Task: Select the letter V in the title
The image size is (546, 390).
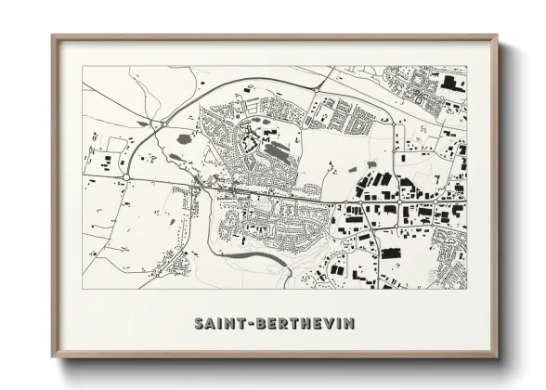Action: click(321, 323)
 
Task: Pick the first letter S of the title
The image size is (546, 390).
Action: click(198, 323)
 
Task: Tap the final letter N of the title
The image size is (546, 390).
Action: click(348, 323)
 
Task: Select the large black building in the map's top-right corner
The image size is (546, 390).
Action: click(453, 83)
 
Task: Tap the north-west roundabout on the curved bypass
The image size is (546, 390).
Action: click(162, 122)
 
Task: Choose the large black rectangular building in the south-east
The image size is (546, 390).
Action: click(391, 253)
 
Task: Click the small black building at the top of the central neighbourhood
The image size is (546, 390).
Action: click(247, 90)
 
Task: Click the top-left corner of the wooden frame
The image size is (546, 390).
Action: click(54, 37)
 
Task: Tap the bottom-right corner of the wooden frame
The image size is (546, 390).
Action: click(496, 356)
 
